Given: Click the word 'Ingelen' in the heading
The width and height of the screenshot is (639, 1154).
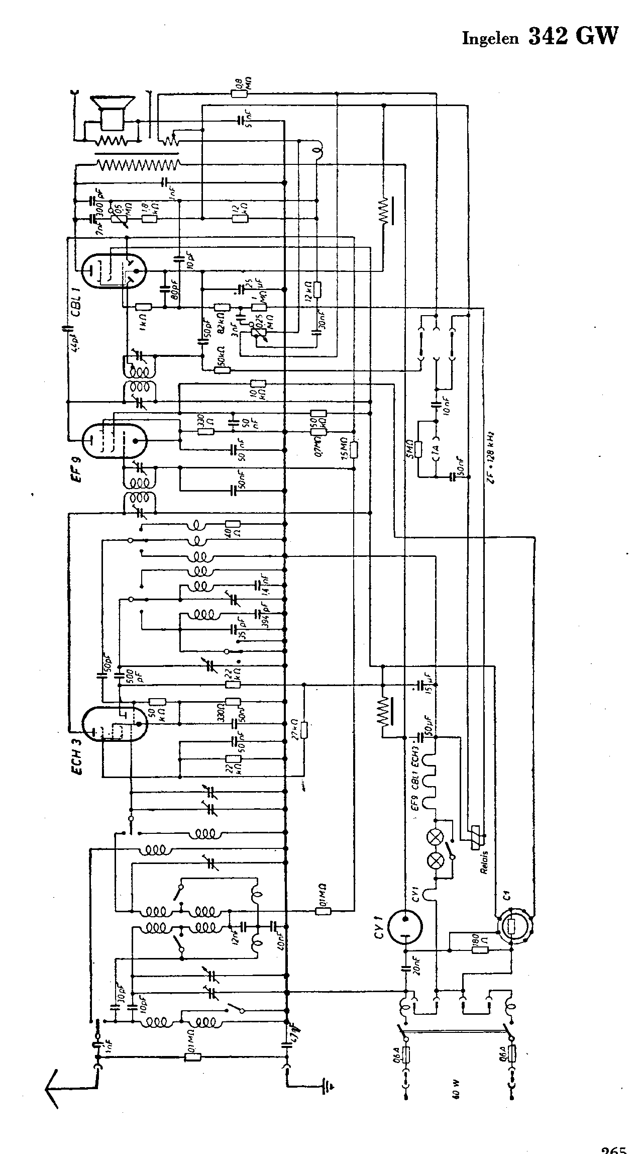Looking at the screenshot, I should pos(490,39).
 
